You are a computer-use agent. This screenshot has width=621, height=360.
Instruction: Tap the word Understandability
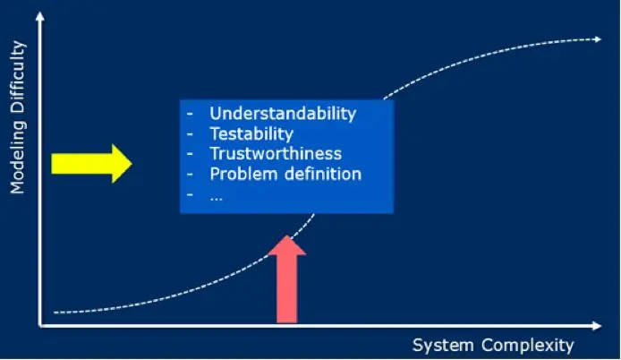[283, 114]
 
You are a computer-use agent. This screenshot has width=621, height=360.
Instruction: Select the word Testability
[251, 134]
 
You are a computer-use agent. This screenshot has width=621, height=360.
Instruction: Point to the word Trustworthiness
[276, 154]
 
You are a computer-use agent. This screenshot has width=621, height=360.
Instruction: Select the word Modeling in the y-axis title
[17, 159]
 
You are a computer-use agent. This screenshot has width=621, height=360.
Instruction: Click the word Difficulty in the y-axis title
[17, 83]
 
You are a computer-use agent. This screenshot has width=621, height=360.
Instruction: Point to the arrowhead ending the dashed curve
[596, 39]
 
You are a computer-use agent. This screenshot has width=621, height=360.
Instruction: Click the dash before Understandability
[189, 114]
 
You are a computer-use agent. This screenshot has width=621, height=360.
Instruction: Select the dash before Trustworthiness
[189, 154]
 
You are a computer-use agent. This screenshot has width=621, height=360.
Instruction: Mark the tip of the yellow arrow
[131, 163]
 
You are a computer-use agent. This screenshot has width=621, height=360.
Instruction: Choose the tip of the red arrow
[287, 237]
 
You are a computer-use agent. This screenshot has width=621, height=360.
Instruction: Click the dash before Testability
[189, 134]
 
